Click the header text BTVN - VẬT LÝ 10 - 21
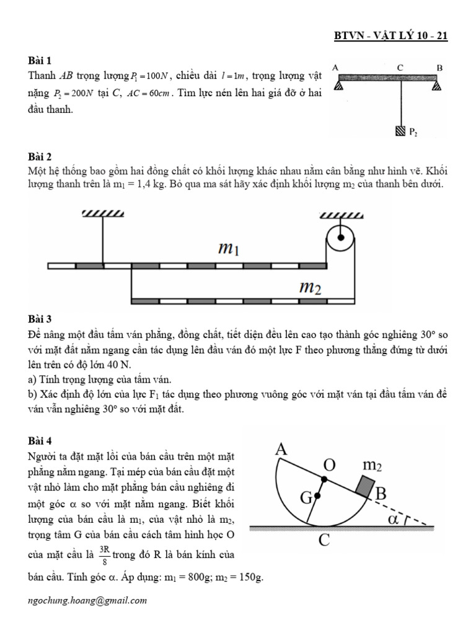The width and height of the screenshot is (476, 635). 390,36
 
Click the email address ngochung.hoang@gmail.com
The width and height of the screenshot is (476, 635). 87,600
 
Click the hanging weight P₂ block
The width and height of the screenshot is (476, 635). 399,131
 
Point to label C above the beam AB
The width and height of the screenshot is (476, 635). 401,67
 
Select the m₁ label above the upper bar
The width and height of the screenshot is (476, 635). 229,249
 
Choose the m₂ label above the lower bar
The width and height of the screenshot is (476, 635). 310,287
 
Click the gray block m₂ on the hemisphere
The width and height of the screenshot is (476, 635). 366,486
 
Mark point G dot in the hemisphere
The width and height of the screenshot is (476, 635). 317,497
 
